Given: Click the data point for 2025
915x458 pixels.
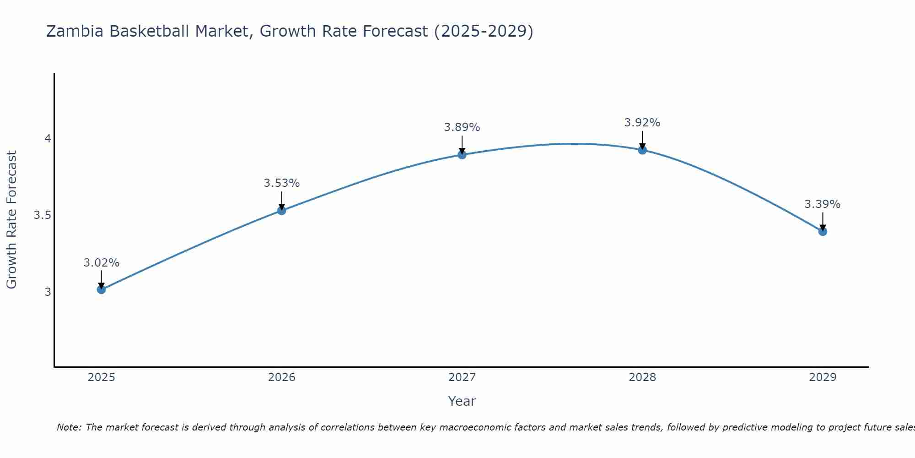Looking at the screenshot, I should tap(101, 289).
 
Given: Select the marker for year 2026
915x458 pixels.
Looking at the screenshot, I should tap(282, 211).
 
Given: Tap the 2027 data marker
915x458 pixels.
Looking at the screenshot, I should tap(462, 155).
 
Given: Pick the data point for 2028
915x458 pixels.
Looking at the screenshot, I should tap(642, 150).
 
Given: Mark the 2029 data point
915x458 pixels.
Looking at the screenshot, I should tap(823, 231).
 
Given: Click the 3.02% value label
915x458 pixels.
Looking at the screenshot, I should tap(101, 263).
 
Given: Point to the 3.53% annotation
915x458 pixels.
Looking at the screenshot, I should tap(282, 183).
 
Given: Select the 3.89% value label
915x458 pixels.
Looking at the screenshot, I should tap(462, 127).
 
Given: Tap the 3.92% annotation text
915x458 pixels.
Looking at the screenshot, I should tap(642, 123).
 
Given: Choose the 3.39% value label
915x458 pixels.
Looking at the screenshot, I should tap(823, 204).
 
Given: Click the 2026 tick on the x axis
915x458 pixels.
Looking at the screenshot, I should tap(282, 377).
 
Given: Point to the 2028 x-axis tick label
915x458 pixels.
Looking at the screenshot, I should tap(642, 377).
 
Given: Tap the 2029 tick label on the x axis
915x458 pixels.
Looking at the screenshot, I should tap(823, 377).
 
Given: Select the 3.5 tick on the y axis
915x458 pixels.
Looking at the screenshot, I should tap(42, 215).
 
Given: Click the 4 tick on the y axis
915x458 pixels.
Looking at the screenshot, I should tap(48, 138).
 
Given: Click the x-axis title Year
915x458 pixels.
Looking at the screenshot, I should tap(462, 401).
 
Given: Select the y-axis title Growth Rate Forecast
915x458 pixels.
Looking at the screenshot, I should tap(11, 220).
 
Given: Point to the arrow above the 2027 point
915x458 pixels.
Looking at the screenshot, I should tap(462, 144).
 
